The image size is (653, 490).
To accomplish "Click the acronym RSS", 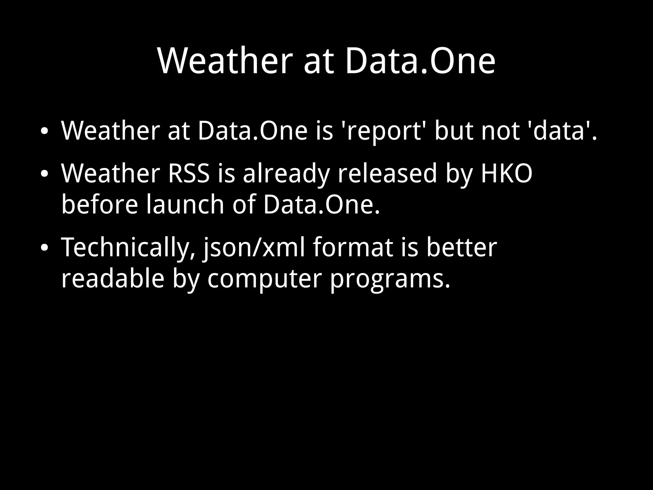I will point(189,174).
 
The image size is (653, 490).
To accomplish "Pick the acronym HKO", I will point(506,174).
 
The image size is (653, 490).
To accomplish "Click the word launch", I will point(185,204).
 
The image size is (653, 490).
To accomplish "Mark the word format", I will point(353,248).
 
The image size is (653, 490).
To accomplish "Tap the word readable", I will point(113,278).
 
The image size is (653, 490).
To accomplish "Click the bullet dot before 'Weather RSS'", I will point(44,174).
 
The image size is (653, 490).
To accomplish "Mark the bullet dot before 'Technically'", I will point(44,248).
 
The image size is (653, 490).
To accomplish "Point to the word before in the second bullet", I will point(99,204).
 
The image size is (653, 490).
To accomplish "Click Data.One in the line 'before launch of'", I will point(321,204).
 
